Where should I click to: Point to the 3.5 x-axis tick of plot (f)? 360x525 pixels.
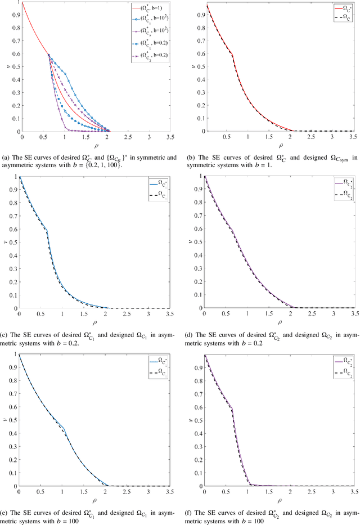353,491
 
